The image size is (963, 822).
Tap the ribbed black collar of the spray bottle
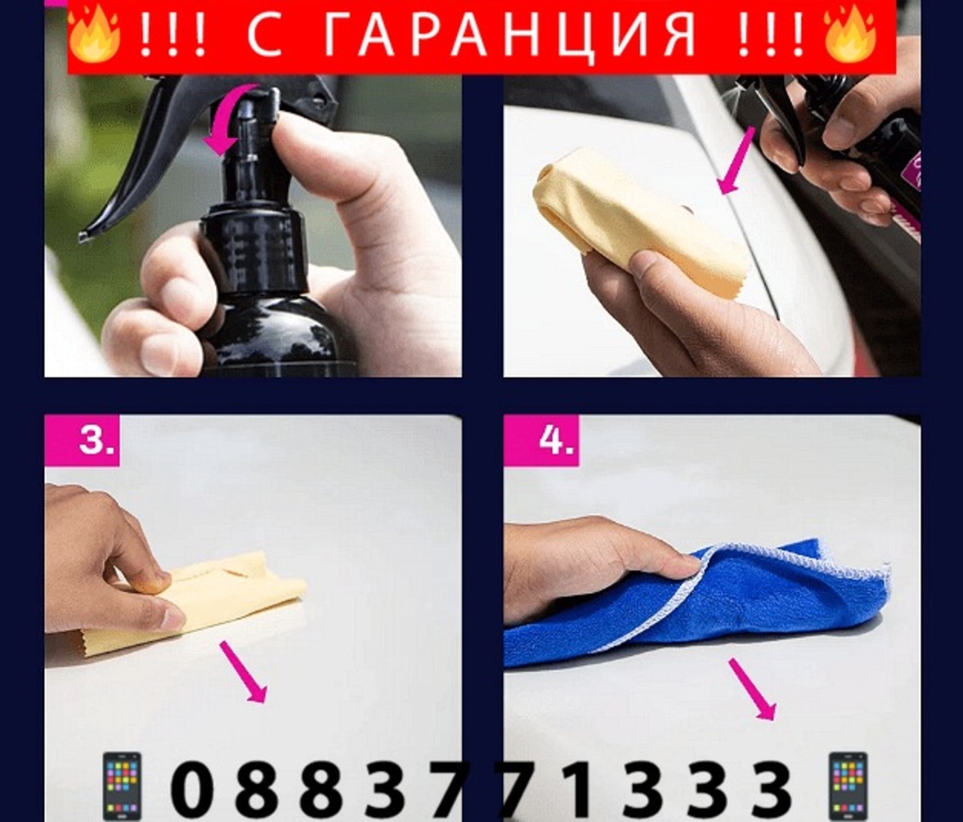(x=253, y=238)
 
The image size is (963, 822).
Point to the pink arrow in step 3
(x=243, y=672)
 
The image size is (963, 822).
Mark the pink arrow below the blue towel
(x=751, y=688)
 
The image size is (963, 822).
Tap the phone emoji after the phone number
(x=847, y=785)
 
